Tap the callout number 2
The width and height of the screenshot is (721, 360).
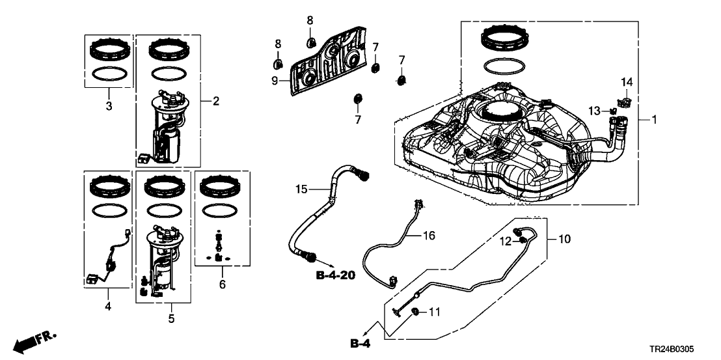pyautogui.click(x=215, y=101)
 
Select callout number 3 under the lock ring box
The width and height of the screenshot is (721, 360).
pyautogui.click(x=109, y=105)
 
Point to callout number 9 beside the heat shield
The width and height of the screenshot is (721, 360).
pyautogui.click(x=275, y=80)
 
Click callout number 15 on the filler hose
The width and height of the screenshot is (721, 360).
pyautogui.click(x=300, y=189)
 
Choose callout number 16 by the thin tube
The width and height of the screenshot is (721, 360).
pyautogui.click(x=429, y=235)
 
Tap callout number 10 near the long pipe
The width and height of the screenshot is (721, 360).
pyautogui.click(x=564, y=239)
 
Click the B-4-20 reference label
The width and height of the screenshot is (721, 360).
pyautogui.click(x=335, y=276)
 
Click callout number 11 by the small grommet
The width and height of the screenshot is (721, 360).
pyautogui.click(x=434, y=312)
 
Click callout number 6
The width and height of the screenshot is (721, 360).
pyautogui.click(x=223, y=284)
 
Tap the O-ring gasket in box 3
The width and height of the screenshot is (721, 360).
pyautogui.click(x=109, y=74)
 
